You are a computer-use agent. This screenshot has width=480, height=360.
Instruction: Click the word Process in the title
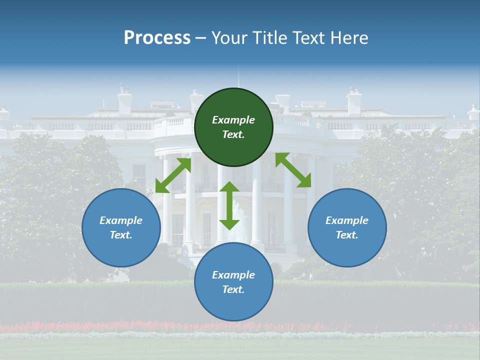pos(157,38)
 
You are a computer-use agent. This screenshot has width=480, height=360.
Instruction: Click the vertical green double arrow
pos(229,205)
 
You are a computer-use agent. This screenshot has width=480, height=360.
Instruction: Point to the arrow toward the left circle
pos(173,175)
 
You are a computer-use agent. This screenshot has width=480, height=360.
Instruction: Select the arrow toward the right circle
pos(293,170)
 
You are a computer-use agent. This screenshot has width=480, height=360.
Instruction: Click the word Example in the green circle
pos(233,120)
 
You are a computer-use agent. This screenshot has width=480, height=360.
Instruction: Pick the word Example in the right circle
pos(347,220)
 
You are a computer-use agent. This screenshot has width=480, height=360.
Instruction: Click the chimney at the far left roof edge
pos(4,113)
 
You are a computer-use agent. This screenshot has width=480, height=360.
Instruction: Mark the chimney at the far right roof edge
pos(473,112)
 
